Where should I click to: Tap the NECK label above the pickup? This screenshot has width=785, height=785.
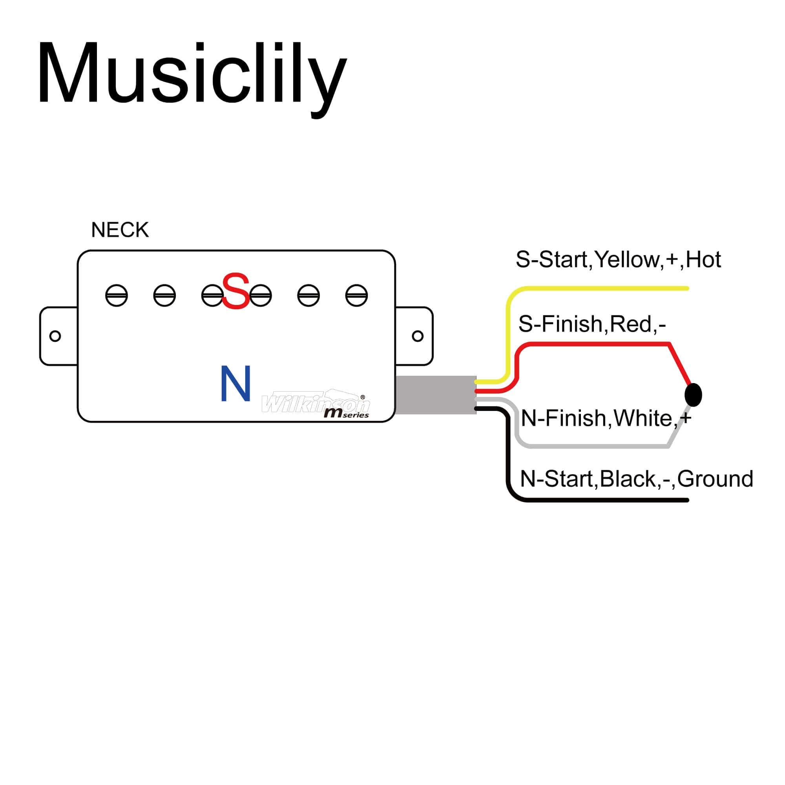120,230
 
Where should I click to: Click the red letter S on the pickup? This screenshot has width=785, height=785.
235,291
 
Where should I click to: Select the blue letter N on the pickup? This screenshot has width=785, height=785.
235,383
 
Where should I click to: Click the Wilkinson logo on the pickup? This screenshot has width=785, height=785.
316,403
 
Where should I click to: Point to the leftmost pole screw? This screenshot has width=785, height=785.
117,296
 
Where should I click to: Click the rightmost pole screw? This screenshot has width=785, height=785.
356,296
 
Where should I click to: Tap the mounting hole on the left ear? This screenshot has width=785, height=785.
55,336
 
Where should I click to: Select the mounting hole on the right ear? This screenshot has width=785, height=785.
418,336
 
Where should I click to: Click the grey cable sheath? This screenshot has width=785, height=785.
436,395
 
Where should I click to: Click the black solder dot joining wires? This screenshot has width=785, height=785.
693,394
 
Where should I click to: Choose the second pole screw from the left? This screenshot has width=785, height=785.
164,296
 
